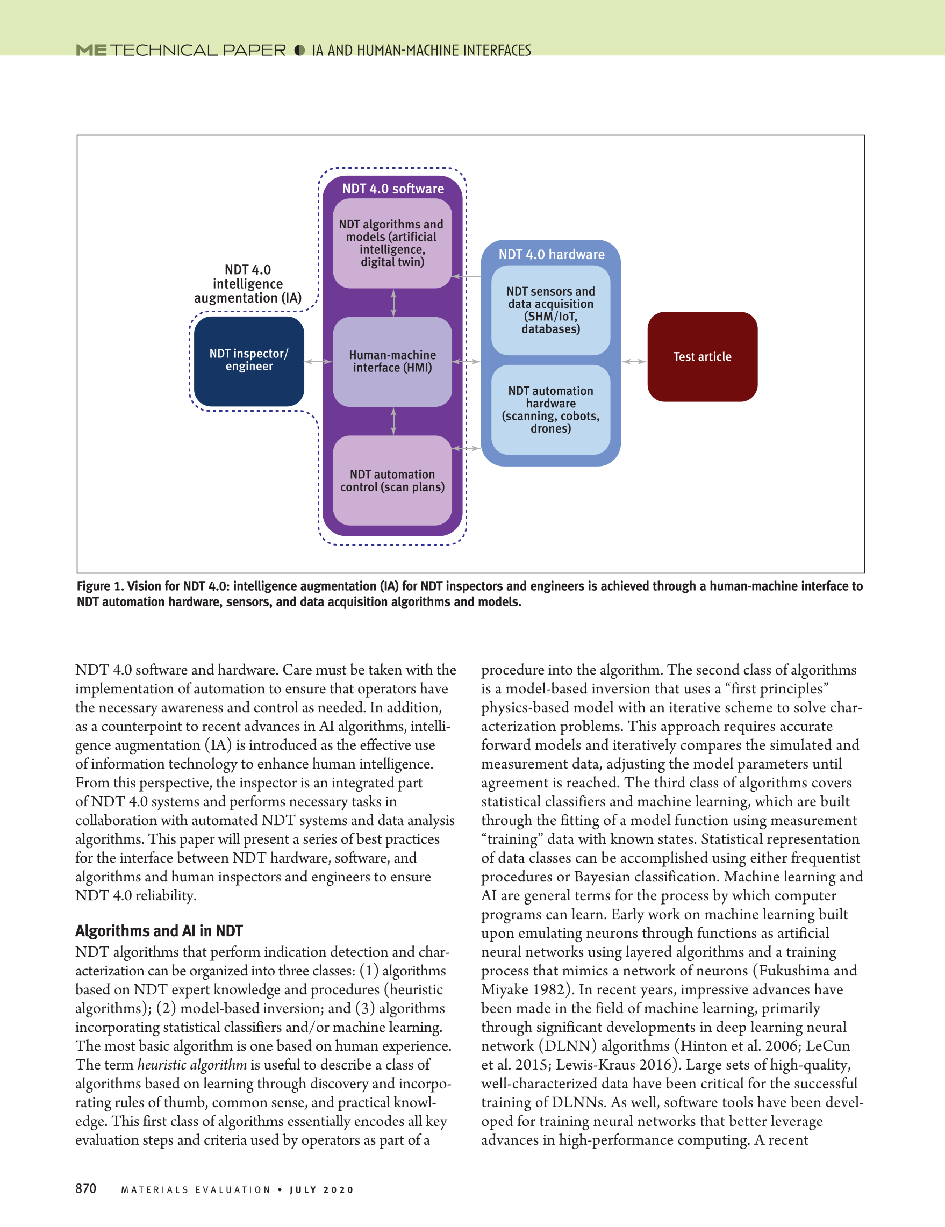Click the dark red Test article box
pyautogui.click(x=702, y=357)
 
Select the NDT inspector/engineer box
pyautogui.click(x=249, y=361)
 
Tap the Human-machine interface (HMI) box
pyautogui.click(x=392, y=362)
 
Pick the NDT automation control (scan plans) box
pyautogui.click(x=392, y=481)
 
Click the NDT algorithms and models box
pyautogui.click(x=392, y=243)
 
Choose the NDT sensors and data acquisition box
pyautogui.click(x=550, y=310)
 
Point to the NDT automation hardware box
pyautogui.click(x=550, y=410)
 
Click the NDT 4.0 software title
pyautogui.click(x=393, y=189)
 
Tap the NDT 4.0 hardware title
pyautogui.click(x=551, y=255)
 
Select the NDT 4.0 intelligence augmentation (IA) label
pyautogui.click(x=248, y=284)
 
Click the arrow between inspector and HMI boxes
pyautogui.click(x=319, y=362)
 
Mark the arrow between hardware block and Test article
pyautogui.click(x=634, y=362)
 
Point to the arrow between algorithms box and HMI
pyautogui.click(x=393, y=303)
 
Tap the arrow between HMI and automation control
pyautogui.click(x=393, y=421)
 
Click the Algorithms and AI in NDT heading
pyautogui.click(x=159, y=931)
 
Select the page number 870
pyautogui.click(x=86, y=1188)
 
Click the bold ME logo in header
pyautogui.click(x=91, y=51)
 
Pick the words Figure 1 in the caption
pyautogui.click(x=99, y=586)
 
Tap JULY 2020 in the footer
pyautogui.click(x=322, y=1190)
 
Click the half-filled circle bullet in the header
pyautogui.click(x=299, y=51)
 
